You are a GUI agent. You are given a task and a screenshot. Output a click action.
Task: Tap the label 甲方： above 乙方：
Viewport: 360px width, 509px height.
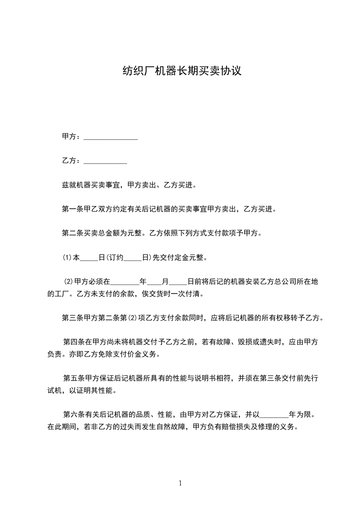(72, 137)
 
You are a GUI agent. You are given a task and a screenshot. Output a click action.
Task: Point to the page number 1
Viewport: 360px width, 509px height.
(180, 483)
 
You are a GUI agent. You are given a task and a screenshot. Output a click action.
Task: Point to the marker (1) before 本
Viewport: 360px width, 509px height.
(67, 258)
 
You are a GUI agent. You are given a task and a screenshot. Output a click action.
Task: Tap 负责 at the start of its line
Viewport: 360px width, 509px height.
(55, 354)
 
